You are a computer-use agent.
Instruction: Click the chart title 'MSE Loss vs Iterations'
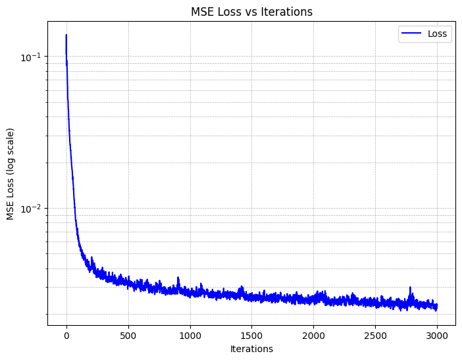coord(251,11)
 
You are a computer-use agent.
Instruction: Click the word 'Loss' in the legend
coord(438,34)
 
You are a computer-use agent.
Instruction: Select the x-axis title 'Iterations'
coord(251,349)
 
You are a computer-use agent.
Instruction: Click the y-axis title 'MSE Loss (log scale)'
coord(11,174)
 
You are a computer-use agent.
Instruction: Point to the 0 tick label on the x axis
coord(66,335)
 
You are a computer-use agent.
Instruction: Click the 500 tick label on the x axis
coord(128,335)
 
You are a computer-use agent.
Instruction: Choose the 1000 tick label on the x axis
coord(190,335)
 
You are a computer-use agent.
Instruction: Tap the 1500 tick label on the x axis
coord(252,335)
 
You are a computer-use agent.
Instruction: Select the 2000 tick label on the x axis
coord(313,335)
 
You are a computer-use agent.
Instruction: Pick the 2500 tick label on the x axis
coord(375,335)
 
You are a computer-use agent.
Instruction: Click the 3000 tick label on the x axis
coord(437,335)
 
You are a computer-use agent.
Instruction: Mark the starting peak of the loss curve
coord(66,36)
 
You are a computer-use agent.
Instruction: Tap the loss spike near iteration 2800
coord(411,288)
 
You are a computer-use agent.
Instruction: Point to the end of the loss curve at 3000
coord(437,306)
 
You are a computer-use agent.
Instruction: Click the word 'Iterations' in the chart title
coord(289,11)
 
